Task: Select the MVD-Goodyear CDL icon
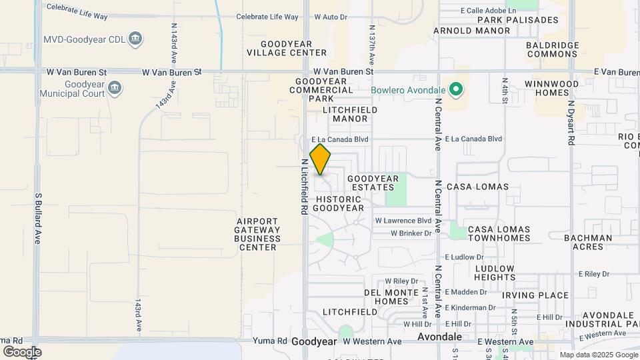[x=135, y=39]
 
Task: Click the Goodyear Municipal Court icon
[x=115, y=88]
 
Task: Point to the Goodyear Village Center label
[x=287, y=48]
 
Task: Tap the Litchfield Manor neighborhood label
[x=350, y=114]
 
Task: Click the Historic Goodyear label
[x=340, y=203]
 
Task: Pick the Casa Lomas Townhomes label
[x=499, y=233]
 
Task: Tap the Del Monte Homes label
[x=391, y=297]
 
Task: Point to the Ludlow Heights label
[x=495, y=273]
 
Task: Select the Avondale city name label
[x=440, y=337]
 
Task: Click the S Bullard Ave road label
[x=38, y=218]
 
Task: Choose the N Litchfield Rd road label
[x=304, y=186]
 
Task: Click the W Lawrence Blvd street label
[x=403, y=221]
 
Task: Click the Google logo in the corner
[x=22, y=351]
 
